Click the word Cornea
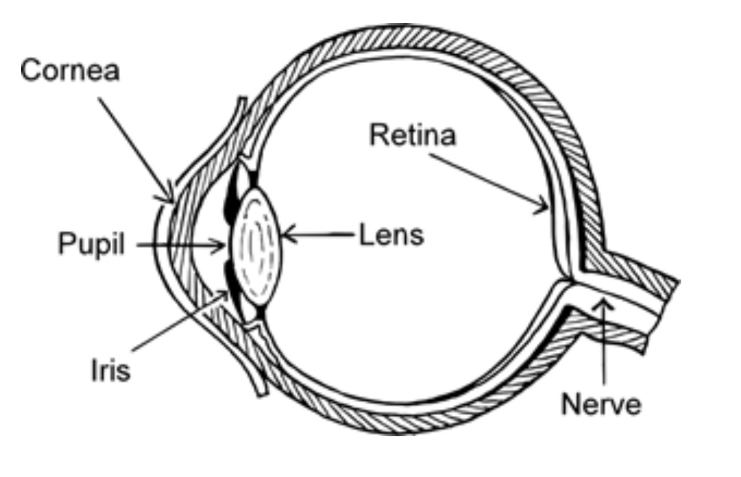(70, 71)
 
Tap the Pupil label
(91, 245)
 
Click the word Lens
(391, 235)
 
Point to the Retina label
(413, 136)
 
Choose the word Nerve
(601, 404)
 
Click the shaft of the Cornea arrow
(134, 147)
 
